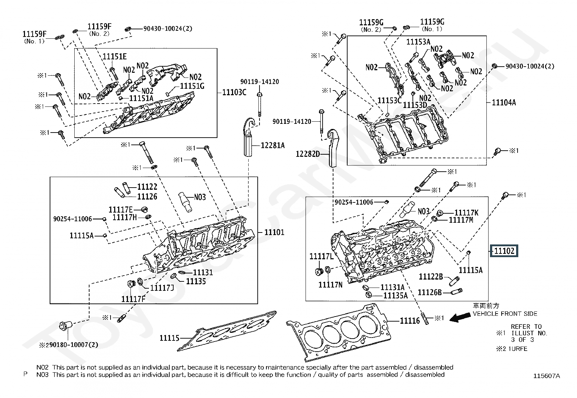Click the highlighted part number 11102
pos(504,251)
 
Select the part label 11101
pos(274,232)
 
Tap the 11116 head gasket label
pos(410,321)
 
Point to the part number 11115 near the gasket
pos(169,338)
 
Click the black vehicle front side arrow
pos(460,317)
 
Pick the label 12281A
pos(273,146)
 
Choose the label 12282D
pos(308,154)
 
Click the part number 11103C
pos(234,92)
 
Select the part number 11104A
pos(504,103)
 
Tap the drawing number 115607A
pos(546,376)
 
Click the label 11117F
pos(133,299)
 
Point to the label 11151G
pos(192,86)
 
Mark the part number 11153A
pos(418,42)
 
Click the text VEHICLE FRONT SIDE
pos(505,314)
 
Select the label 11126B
pos(429,293)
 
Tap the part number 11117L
pos(321,256)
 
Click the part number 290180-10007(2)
pos(69,345)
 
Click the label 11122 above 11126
pos(147,187)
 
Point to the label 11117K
pos(466,213)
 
